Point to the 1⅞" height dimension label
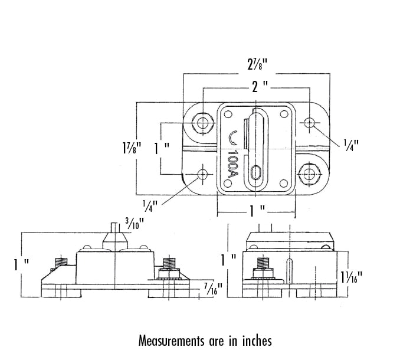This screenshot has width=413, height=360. pos(124,148)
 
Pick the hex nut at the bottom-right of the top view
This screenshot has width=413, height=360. pos(309,173)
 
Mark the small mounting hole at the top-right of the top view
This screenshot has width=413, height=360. pos(309,122)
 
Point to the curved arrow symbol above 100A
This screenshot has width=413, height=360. pos(231,139)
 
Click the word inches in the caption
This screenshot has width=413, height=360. pos(255,341)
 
